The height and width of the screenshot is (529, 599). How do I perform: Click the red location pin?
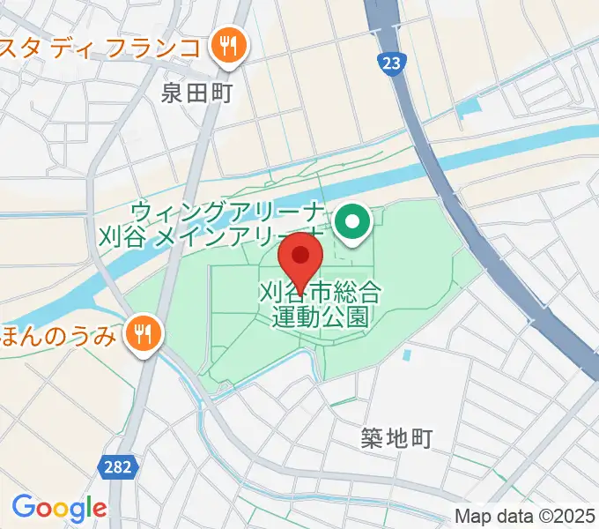coord(300,257)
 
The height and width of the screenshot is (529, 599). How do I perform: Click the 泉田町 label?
coord(197,93)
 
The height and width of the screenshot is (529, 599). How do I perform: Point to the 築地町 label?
coord(397,437)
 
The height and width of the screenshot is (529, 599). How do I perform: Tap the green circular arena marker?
coord(354,222)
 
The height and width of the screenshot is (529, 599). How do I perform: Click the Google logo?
coord(59,509)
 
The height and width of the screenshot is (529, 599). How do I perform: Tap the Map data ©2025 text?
coord(526,516)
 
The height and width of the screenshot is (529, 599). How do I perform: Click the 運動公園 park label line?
coord(320,316)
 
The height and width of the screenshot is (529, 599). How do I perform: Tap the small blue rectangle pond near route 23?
coord(469,109)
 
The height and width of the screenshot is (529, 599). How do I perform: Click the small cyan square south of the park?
coord(407,357)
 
